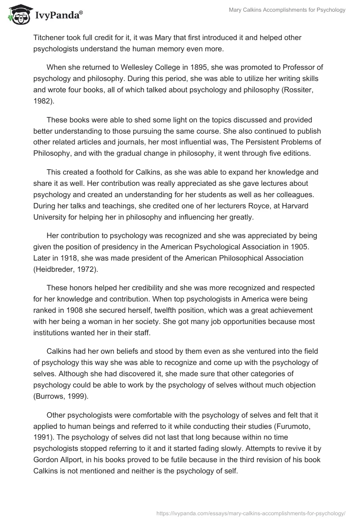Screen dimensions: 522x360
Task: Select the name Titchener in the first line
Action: [x=49, y=37]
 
